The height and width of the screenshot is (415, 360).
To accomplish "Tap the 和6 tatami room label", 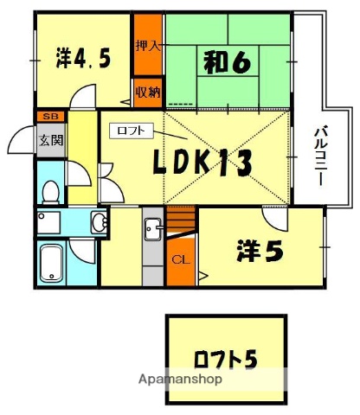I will (x=228, y=63).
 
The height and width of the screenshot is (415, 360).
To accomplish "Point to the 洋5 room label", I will (x=260, y=252).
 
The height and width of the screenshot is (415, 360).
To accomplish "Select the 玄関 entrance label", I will (x=50, y=139).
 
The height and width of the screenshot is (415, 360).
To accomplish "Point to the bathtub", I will (x=52, y=261).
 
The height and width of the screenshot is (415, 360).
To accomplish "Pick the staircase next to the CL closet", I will (x=181, y=224).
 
